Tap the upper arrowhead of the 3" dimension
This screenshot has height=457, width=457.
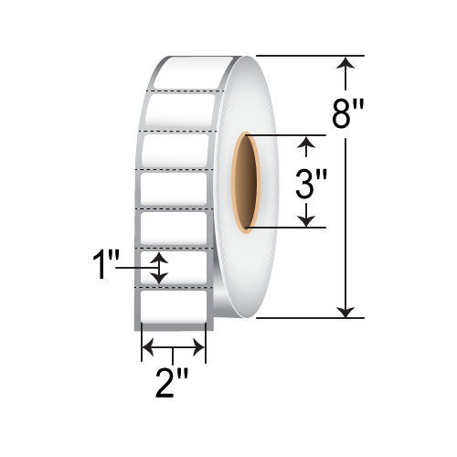click(308, 143)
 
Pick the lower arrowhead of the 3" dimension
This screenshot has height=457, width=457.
click(308, 220)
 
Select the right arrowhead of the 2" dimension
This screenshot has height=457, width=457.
click(198, 347)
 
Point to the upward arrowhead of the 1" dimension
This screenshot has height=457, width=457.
click(160, 259)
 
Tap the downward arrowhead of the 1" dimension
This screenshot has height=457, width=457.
click(160, 278)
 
